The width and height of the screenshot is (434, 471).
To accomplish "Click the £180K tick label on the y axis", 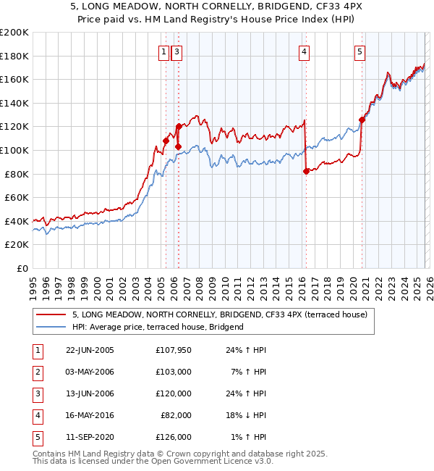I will [x=14, y=56].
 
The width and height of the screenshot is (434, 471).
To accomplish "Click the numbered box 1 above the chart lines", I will [x=164, y=51].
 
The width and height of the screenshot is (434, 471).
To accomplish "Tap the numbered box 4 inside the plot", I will [x=305, y=51].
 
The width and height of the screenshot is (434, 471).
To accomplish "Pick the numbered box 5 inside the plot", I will [x=359, y=51].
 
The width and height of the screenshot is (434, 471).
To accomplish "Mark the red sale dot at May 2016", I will [x=306, y=172].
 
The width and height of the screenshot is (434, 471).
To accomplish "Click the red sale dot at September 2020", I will [x=362, y=120].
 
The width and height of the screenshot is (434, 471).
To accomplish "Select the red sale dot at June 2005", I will [x=166, y=141].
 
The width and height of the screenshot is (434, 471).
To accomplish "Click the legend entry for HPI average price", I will [x=158, y=327].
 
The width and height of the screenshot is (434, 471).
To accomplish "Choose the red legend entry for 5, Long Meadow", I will [x=220, y=314].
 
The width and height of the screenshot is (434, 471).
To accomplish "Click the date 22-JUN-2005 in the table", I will [x=90, y=350].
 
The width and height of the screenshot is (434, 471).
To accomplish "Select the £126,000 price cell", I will [x=174, y=437].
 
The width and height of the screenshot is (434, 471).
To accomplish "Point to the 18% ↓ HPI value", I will [x=247, y=415].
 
